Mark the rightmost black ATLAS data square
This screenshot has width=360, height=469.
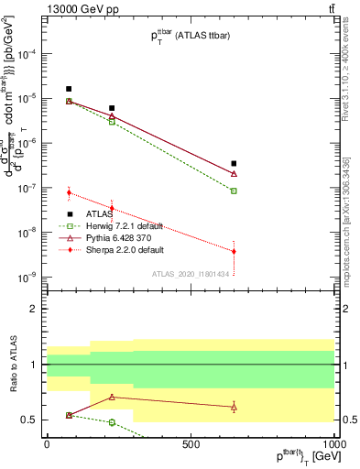click(x=235, y=164)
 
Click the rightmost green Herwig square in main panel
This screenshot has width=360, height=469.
click(x=235, y=191)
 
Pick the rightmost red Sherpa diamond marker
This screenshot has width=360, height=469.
click(x=235, y=251)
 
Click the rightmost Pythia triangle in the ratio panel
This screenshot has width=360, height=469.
click(x=235, y=407)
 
